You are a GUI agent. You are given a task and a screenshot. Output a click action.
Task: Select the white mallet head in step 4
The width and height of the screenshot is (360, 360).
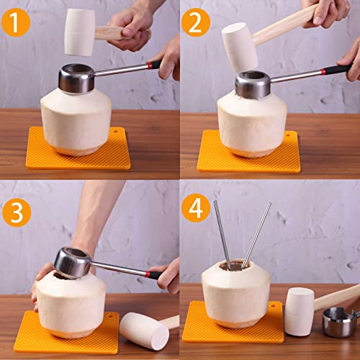tap(299, 310)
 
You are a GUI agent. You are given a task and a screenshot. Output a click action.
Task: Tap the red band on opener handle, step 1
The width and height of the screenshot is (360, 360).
tap(155, 64)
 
